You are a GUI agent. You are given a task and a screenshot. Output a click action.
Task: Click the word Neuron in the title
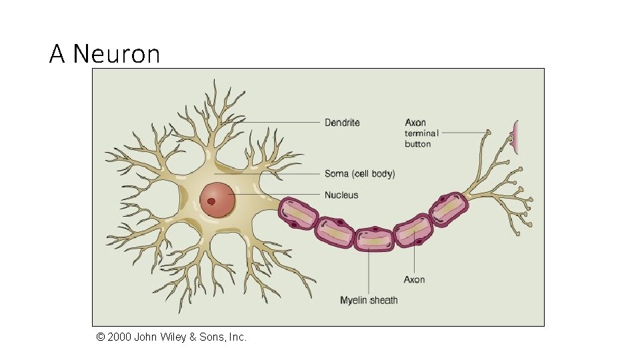pos(117,53)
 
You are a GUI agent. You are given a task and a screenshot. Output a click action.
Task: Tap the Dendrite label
pos(342,123)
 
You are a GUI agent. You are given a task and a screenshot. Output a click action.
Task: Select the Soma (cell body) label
pos(359,174)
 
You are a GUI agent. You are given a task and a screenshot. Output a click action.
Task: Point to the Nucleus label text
pos(341,195)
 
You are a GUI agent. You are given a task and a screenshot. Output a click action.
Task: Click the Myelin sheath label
pos(369,301)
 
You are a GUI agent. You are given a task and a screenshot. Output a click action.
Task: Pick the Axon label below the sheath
pos(414,279)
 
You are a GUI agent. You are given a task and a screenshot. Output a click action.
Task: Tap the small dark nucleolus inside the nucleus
pos(211,201)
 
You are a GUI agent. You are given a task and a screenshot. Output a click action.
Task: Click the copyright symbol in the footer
pos(101,337)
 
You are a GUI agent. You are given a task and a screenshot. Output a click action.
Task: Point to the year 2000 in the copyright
pos(119,337)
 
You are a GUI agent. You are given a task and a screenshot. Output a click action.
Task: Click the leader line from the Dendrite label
pos(280,123)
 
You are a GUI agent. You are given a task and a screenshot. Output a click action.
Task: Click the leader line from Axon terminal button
pos(463,133)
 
